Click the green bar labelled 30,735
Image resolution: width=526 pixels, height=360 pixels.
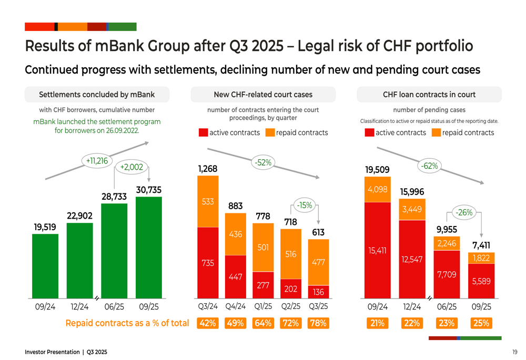[148, 247]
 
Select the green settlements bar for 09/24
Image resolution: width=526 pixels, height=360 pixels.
[45, 265]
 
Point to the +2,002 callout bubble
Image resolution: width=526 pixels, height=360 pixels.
[131, 167]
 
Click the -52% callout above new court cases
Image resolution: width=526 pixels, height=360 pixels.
[262, 163]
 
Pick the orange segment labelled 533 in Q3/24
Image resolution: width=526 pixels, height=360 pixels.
[207, 201]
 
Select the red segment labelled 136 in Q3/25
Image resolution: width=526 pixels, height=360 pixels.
[318, 292]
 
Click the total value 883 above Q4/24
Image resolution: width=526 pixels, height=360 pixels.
[235, 207]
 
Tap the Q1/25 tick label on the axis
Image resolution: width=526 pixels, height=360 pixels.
[262, 306]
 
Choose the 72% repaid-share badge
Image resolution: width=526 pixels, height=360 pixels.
[290, 323]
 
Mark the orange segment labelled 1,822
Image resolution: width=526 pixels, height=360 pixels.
[481, 258]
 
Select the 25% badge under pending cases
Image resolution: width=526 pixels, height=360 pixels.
[481, 323]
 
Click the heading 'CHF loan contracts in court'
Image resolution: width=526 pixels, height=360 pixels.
[429, 95]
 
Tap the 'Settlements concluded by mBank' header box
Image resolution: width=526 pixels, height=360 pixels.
[97, 95]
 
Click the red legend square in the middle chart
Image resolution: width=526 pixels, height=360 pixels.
[203, 132]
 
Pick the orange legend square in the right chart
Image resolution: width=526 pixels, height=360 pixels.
[436, 132]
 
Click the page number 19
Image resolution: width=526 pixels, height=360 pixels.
[514, 352]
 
